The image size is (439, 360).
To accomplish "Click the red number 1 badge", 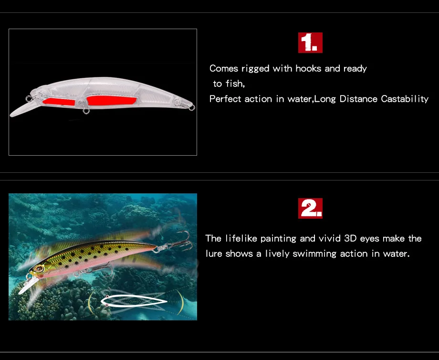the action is pyautogui.click(x=310, y=42).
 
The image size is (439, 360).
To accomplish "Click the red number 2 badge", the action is pyautogui.click(x=310, y=208).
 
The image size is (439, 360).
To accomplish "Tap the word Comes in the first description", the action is pyautogui.click(x=224, y=69).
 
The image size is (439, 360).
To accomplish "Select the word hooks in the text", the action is pyautogui.click(x=308, y=69).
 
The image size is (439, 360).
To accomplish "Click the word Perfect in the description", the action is pyautogui.click(x=225, y=99).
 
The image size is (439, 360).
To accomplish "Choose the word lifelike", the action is pyautogui.click(x=241, y=238).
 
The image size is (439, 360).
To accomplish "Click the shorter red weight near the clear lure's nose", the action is pyautogui.click(x=59, y=101).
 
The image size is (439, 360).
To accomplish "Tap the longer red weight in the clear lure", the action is pyautogui.click(x=112, y=100).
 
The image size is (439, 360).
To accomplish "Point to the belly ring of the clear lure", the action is pyautogui.click(x=86, y=111).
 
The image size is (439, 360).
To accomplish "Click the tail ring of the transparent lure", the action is pyautogui.click(x=192, y=107).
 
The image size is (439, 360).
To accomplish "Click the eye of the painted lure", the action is pyautogui.click(x=39, y=269).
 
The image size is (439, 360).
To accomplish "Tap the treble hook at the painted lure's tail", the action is pyautogui.click(x=179, y=241).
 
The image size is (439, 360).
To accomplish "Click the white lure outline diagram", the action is pyautogui.click(x=134, y=301).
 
